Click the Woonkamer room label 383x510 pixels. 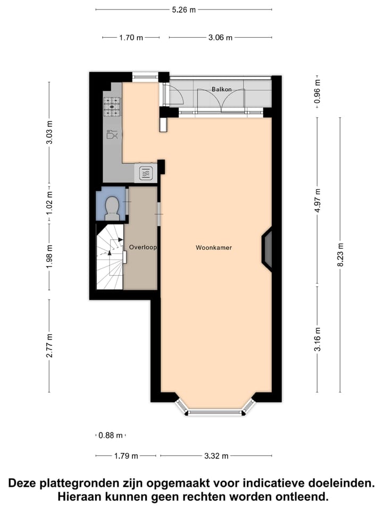(214, 248)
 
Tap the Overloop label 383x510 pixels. (143, 248)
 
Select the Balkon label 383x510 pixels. (221, 89)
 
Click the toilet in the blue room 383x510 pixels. (112, 208)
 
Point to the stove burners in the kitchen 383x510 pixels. (112, 106)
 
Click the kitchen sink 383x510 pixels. (146, 173)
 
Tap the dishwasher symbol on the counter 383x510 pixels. (112, 134)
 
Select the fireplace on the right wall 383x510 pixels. (267, 250)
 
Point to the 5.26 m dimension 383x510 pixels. (184, 9)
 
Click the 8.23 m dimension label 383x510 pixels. (341, 255)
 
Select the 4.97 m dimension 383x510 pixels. (318, 200)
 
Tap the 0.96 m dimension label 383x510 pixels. (318, 93)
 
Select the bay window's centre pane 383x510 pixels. (215, 412)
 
